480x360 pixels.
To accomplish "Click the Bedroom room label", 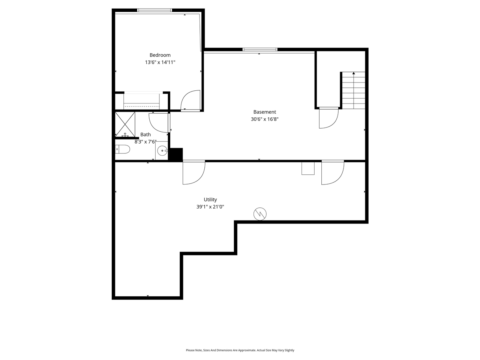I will pos(160,55).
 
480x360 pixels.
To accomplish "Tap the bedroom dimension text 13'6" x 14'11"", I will pos(160,62).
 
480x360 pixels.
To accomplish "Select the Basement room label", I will pos(264,112).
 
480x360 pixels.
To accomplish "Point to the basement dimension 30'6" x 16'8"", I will pos(264,119).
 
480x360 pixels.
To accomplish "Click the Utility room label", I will pos(210,200).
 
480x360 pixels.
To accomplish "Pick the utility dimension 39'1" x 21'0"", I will pos(210,207).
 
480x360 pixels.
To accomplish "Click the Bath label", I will pos(145,135).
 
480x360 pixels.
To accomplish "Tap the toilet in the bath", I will pos(123,150).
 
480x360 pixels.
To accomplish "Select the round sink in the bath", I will pos(162,151).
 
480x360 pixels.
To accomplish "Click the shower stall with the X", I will pos(125,124).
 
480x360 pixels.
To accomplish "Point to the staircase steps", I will pos(353,90).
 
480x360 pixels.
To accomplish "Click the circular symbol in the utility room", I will pos(260,214).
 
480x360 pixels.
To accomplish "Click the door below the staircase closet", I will pos(328,118).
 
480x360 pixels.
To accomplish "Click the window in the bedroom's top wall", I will pos(154,10).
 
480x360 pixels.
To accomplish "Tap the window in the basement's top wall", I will pos(260,49).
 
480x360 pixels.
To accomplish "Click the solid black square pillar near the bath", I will pos(175,154).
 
